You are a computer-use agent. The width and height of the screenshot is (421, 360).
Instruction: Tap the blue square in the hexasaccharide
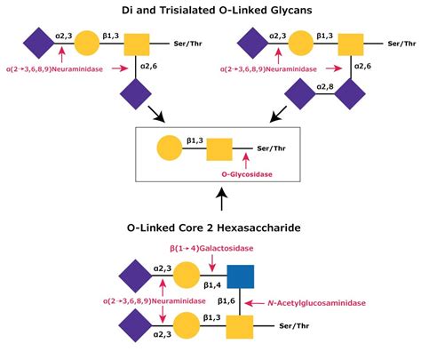tap(237, 278)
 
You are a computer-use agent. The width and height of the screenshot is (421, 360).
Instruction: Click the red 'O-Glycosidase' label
tap(246, 187)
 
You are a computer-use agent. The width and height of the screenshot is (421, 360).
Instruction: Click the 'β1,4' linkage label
tap(211, 285)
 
